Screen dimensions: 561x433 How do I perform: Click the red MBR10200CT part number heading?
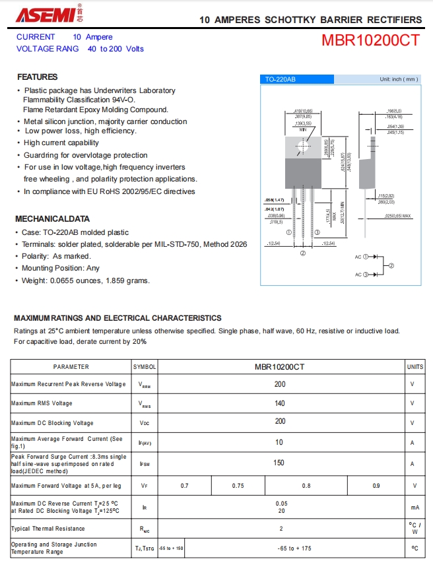[370, 40]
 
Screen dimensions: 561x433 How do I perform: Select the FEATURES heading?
[38, 77]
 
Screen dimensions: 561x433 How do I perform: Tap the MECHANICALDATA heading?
[52, 218]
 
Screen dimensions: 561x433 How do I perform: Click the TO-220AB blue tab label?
[281, 79]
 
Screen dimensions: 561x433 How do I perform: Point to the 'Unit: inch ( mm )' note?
[399, 79]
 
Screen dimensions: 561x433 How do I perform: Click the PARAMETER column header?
[71, 366]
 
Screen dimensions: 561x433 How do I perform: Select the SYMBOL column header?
[145, 366]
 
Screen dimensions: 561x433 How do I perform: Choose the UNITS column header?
[415, 366]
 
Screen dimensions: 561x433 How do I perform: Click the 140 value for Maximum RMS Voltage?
[280, 403]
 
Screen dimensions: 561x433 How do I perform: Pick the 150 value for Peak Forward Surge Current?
[280, 463]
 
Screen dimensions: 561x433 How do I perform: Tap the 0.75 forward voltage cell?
[238, 486]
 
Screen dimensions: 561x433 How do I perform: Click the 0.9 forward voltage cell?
[376, 486]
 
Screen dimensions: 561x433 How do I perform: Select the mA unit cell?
[415, 508]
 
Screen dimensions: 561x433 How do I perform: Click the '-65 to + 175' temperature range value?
[294, 548]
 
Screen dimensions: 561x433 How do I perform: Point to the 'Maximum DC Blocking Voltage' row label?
[52, 423]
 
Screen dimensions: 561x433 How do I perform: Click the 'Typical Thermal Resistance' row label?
[48, 529]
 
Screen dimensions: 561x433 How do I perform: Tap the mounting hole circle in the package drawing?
[303, 146]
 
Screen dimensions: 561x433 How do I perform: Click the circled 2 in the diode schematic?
[391, 265]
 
